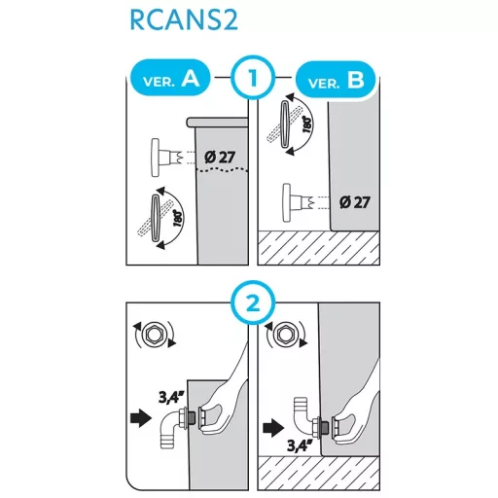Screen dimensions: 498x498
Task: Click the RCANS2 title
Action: click(x=184, y=20)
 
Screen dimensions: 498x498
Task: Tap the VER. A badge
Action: click(x=170, y=78)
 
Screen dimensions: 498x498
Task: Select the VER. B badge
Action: click(x=336, y=80)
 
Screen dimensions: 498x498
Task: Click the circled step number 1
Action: click(x=253, y=78)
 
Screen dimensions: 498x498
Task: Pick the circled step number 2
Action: click(x=253, y=303)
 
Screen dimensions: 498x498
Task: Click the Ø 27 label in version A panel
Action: click(x=220, y=158)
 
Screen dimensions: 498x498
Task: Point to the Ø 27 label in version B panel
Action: click(x=355, y=202)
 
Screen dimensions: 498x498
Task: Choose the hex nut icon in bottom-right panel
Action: click(x=286, y=335)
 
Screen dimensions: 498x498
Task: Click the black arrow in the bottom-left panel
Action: click(x=141, y=417)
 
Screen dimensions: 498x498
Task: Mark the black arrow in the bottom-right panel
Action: click(x=273, y=427)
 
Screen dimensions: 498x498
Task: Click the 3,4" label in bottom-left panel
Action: click(x=171, y=397)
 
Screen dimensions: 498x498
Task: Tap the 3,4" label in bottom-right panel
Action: click(x=300, y=445)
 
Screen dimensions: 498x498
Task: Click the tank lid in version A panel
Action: click(x=218, y=122)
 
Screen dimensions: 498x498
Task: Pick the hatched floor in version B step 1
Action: click(x=318, y=248)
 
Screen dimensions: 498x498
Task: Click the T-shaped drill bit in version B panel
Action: click(x=297, y=203)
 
